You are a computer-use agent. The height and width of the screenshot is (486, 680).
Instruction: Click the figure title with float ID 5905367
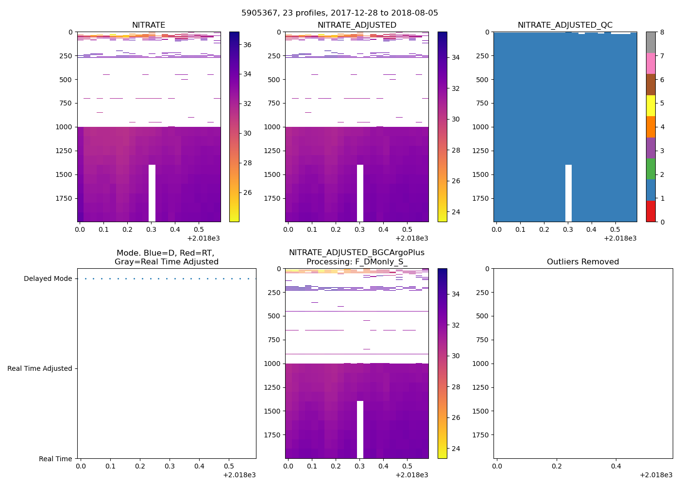click(340, 13)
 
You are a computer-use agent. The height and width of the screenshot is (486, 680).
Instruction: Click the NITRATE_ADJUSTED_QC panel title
click(565, 25)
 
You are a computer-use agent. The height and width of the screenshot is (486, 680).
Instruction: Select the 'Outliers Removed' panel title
click(583, 261)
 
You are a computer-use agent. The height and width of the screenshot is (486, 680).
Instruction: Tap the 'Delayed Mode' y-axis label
click(48, 278)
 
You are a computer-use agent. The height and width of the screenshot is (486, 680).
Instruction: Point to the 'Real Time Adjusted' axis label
click(39, 368)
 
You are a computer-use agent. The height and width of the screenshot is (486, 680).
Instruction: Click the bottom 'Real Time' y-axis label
click(55, 459)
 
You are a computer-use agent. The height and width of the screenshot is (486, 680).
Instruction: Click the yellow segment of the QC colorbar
click(650, 105)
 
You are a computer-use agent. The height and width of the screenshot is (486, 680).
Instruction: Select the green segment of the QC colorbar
click(650, 169)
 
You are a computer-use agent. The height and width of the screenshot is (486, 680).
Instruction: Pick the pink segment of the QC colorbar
click(650, 63)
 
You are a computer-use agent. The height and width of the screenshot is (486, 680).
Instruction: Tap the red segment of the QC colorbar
click(650, 211)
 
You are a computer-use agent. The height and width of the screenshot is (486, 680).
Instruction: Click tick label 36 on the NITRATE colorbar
click(247, 45)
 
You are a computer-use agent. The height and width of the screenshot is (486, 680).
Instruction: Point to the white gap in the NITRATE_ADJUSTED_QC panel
click(568, 193)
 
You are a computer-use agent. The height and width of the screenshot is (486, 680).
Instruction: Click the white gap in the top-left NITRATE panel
click(152, 193)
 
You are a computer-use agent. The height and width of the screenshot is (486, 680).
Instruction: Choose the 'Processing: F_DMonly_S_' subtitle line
click(357, 262)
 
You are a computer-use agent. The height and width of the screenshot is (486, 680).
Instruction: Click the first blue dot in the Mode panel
click(85, 278)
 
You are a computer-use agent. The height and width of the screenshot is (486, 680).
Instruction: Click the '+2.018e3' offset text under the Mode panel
click(239, 475)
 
